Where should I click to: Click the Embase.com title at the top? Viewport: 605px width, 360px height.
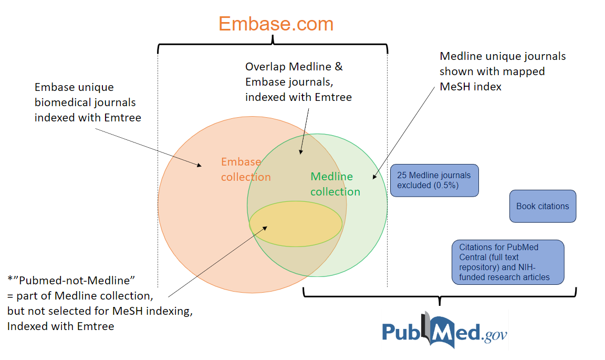(276, 24)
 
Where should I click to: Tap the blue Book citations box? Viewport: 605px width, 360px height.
(543, 207)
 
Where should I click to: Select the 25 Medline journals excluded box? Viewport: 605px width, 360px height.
(434, 180)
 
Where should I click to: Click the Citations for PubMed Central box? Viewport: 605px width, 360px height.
(508, 262)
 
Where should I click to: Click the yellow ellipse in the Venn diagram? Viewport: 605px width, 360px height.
(296, 223)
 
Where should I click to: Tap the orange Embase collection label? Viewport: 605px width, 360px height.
(245, 169)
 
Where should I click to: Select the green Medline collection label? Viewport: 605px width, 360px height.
(335, 184)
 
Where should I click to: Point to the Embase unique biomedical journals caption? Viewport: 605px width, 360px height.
(88, 102)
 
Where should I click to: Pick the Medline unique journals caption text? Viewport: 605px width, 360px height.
(503, 71)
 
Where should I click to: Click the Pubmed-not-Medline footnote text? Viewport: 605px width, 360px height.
(100, 302)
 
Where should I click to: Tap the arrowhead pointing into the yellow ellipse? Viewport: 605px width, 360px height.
(266, 228)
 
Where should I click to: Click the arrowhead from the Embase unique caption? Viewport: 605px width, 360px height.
(200, 166)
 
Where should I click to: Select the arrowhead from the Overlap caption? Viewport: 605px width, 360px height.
(301, 152)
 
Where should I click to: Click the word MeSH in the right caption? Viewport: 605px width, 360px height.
(456, 87)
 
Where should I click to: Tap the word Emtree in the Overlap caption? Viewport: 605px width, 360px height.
(333, 97)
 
